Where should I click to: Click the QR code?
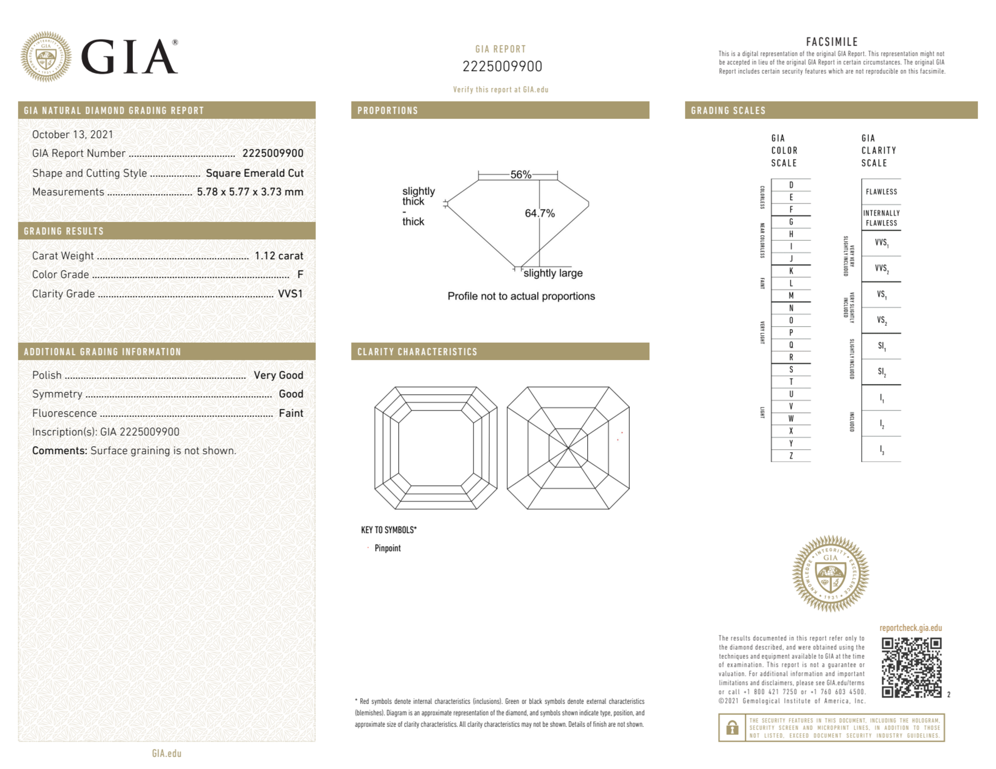911,667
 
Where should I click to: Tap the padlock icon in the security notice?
732,728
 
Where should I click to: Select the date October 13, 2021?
73,135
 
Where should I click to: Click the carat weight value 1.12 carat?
279,256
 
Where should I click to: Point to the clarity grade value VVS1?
290,294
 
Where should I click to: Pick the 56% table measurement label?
520,175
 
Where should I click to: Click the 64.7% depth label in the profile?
540,213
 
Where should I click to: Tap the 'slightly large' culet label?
553,273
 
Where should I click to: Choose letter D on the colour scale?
791,185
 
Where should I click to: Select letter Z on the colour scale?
791,456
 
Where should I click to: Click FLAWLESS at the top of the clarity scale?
881,192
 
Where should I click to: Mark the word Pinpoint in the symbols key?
387,548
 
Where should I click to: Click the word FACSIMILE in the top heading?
832,42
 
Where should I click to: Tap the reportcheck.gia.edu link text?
910,628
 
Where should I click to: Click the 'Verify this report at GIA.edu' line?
500,90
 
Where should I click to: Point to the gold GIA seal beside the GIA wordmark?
46,57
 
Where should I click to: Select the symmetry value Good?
291,394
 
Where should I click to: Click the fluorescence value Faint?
291,413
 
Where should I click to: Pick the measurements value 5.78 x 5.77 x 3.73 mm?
250,192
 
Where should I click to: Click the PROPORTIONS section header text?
387,110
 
